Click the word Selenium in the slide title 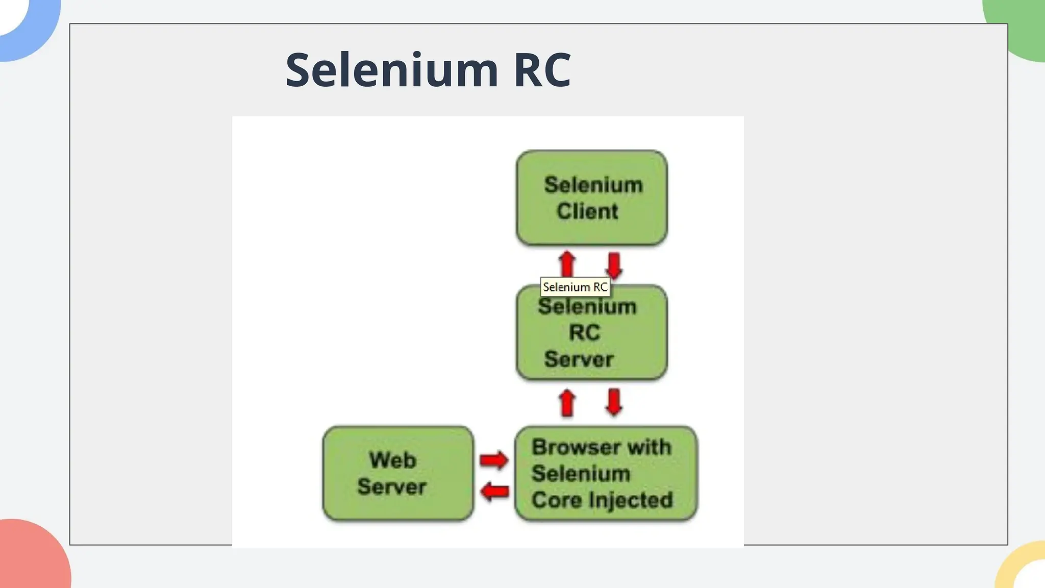click(x=391, y=70)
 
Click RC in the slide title click(x=542, y=70)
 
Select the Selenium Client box click(x=591, y=198)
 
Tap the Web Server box click(x=397, y=473)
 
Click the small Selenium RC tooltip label click(x=575, y=287)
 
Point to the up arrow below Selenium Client click(x=567, y=263)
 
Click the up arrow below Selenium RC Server click(x=567, y=403)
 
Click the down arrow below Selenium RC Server click(x=614, y=402)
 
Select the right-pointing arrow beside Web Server click(x=493, y=460)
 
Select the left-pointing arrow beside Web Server click(x=494, y=492)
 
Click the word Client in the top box click(x=587, y=211)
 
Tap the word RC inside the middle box click(x=584, y=333)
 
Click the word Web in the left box click(x=392, y=460)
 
